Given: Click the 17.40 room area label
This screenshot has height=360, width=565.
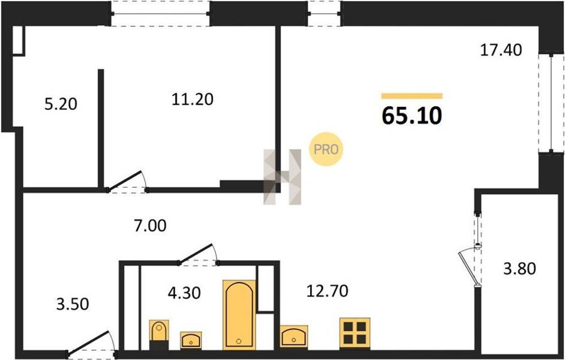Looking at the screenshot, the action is coord(501,50).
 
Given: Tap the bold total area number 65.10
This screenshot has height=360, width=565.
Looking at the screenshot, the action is coord(411,116).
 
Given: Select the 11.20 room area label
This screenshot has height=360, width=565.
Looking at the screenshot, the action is coord(193,99).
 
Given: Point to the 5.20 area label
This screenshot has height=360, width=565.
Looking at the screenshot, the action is coord(61,105).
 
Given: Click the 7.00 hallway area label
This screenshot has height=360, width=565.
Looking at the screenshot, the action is coord(149,226).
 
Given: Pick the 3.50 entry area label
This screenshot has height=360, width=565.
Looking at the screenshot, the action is coord(72,303).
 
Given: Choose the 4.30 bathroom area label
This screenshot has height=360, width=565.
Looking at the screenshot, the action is coord(184,293).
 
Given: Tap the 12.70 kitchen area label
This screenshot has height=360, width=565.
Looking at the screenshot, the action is coord(327,291).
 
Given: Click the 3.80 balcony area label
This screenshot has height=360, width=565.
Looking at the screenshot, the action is coord(519,269).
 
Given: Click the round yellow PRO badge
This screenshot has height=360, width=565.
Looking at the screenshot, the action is coord(326,149).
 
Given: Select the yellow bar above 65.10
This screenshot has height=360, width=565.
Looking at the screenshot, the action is coord(412,95).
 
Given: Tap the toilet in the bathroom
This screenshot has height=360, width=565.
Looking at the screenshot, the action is coord(159,334).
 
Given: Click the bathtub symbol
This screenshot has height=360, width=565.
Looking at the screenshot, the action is coord(239,315).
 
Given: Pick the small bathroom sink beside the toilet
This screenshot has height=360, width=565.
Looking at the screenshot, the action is coord(191,341).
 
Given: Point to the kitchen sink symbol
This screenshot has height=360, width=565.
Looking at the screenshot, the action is coord(294,337).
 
